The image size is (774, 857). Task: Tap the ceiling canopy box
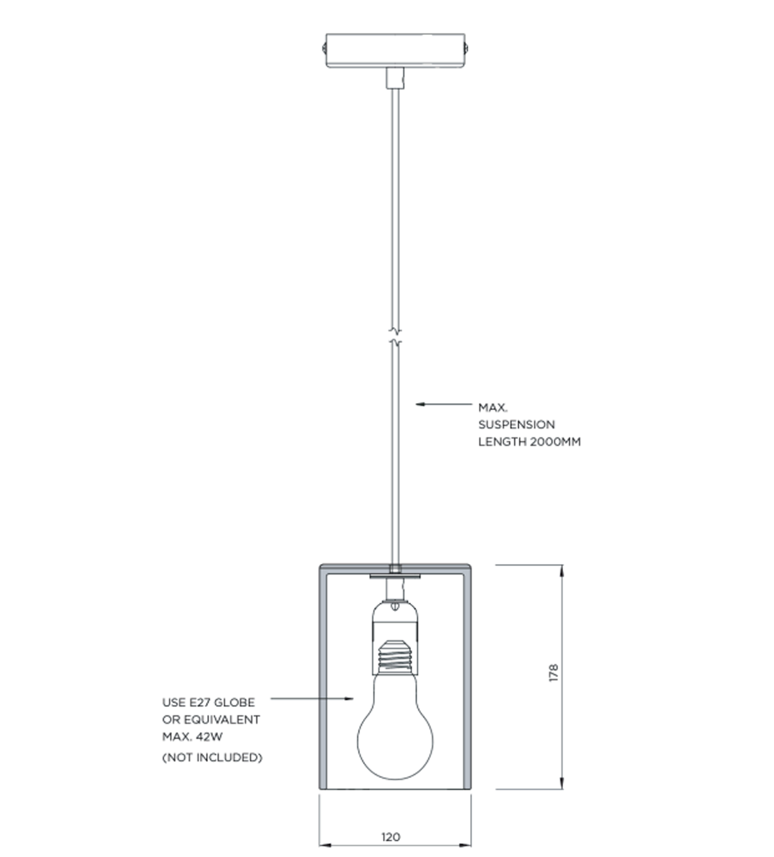pos(396,51)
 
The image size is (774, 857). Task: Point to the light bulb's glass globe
pos(395,726)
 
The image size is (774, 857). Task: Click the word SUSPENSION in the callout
pos(517,425)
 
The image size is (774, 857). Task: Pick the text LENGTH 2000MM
pos(529,442)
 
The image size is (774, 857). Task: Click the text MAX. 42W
pos(192,737)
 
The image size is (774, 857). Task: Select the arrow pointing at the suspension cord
pos(444,404)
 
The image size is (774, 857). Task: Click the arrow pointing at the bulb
pos(312,698)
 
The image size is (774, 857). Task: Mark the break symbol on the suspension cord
pos(396,336)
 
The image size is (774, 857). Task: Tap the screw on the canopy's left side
pos(324,48)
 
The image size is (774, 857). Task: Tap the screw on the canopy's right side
pos(467,48)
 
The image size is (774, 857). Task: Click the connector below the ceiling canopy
pos(395,78)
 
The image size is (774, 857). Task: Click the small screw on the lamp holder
pos(395,606)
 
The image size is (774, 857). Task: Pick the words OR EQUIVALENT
pos(211,720)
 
